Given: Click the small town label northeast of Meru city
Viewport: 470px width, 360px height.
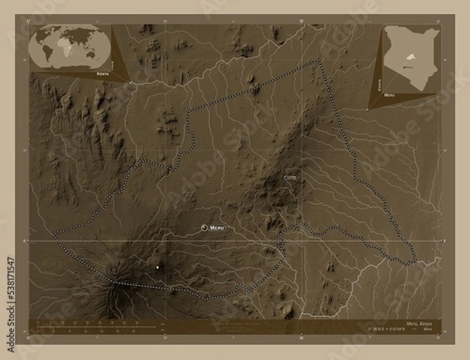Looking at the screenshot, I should pos(291,178).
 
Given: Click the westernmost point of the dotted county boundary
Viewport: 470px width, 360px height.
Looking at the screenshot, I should pos(53,234).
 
